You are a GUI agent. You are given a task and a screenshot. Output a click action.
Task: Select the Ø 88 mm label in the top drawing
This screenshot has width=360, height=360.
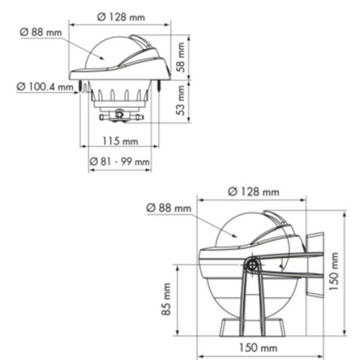pos(41,32)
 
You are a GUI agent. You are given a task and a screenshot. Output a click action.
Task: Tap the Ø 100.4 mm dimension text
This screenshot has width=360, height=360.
pos(44,88)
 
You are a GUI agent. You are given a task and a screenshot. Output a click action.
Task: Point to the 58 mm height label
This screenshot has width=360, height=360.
pos(181,58)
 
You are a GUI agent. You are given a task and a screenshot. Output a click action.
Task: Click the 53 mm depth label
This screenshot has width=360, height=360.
pos(181,102)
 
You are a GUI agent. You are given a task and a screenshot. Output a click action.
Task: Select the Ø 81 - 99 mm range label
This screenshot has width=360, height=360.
pos(120,161)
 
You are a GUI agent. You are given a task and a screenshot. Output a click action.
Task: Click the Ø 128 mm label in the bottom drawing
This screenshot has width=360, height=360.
pos(253,192)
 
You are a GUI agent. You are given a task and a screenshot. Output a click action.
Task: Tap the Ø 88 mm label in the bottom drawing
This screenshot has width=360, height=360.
pos(169,208)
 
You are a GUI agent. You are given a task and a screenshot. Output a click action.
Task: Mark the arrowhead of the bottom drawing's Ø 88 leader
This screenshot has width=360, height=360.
pos(238,238)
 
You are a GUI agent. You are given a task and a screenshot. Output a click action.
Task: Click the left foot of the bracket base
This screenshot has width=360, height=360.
pos(229,327)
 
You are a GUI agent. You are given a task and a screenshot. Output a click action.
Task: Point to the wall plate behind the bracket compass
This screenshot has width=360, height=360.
pos(316,264)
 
